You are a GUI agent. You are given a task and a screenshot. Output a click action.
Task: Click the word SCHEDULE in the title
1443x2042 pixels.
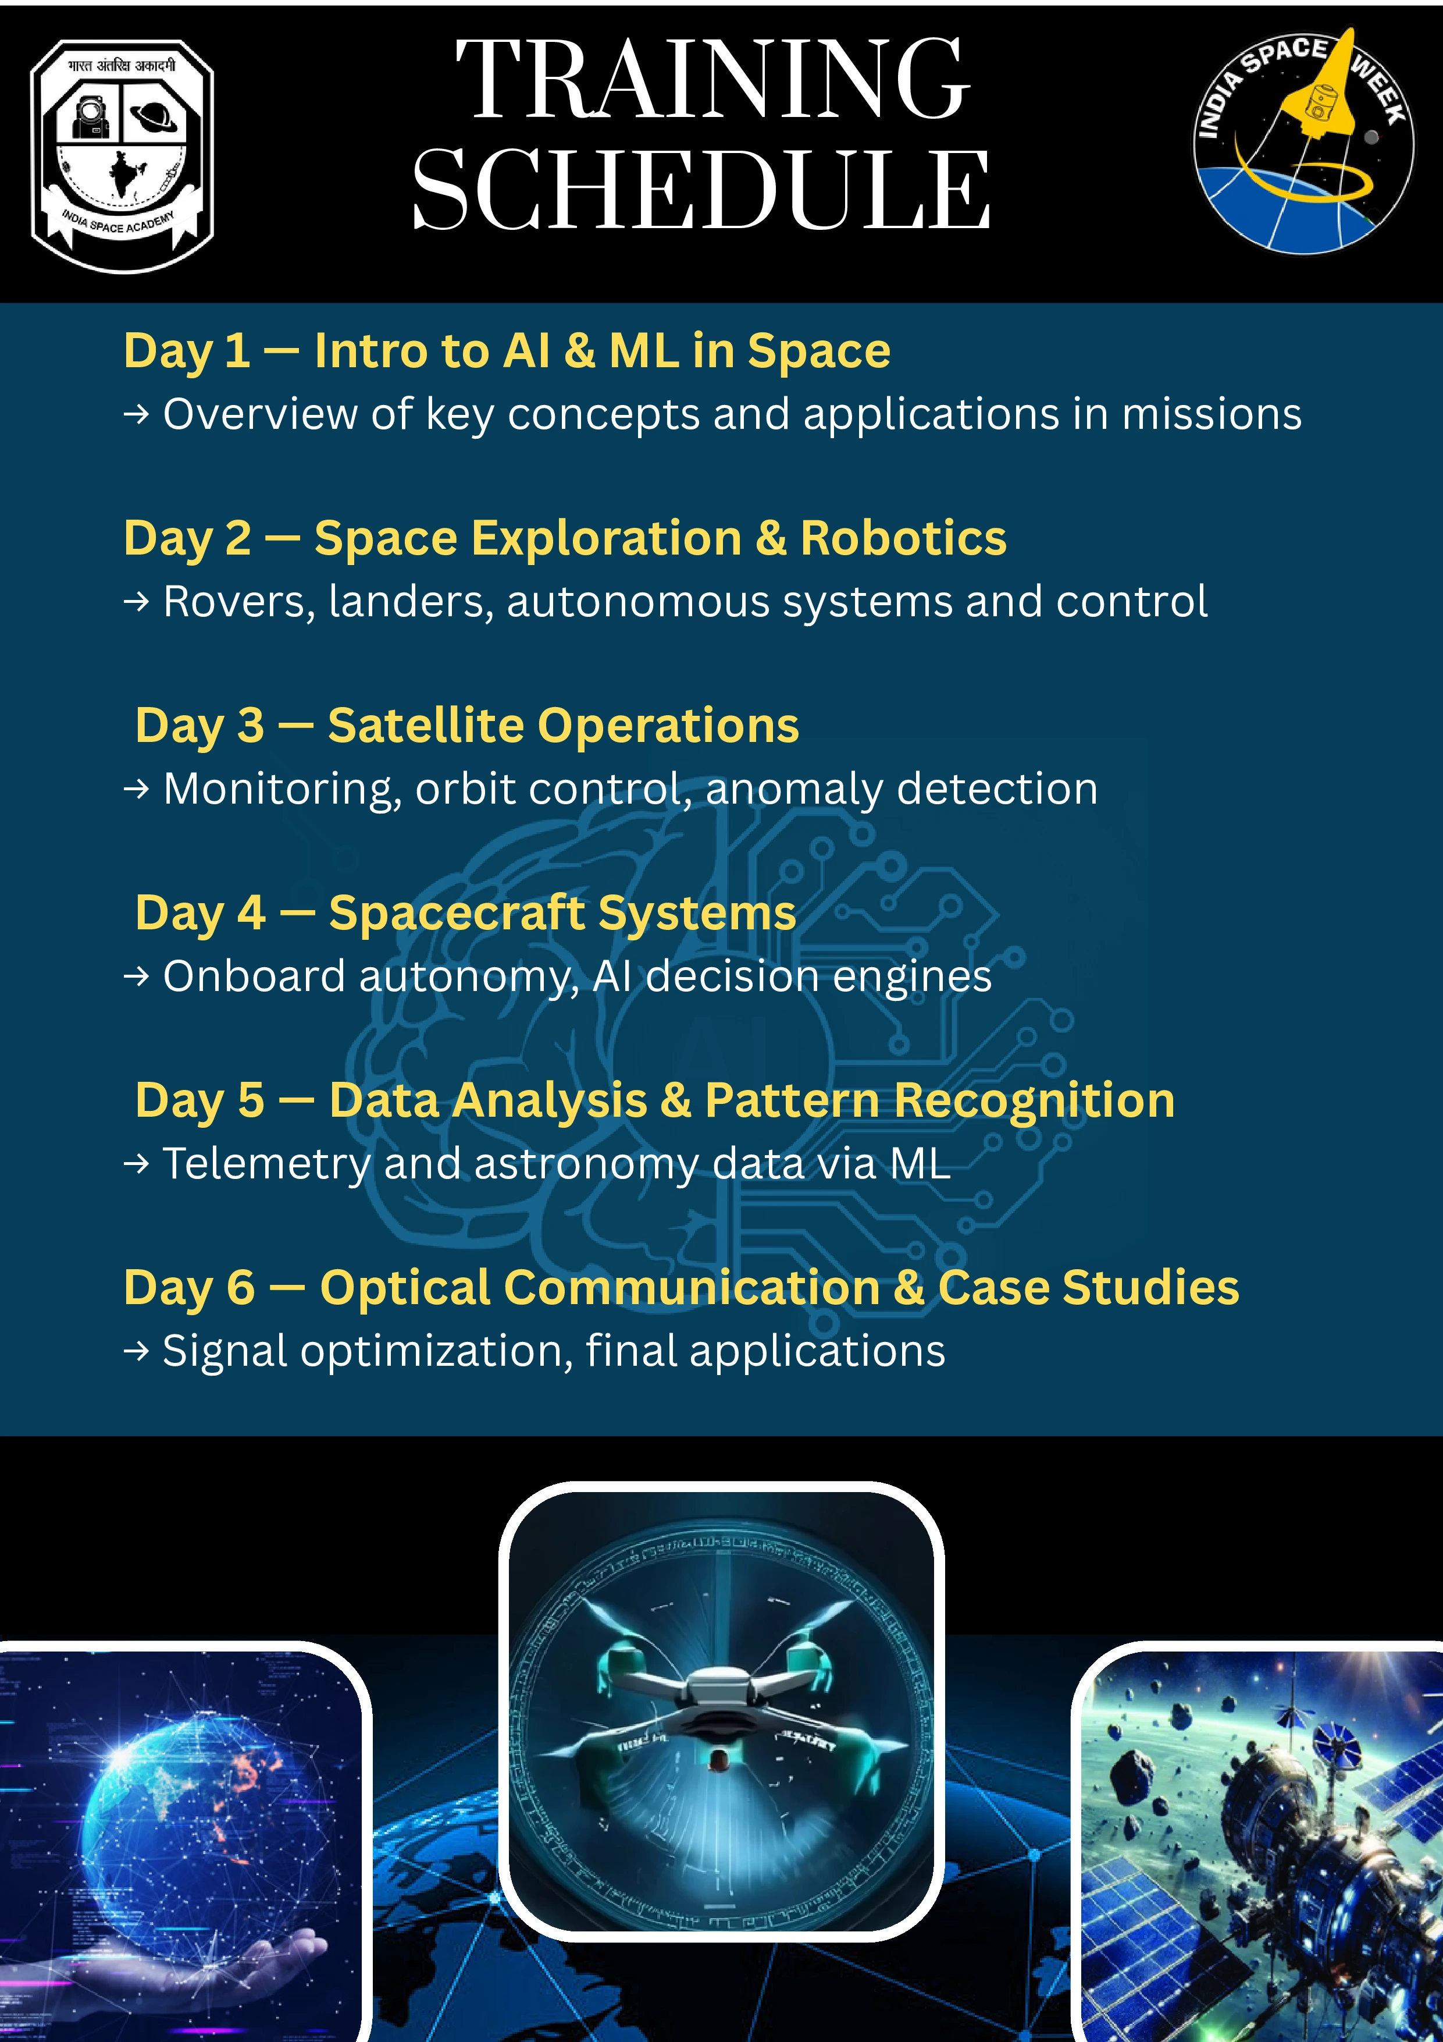coord(701,189)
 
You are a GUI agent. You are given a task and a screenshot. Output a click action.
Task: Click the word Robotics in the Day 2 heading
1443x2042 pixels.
coord(903,538)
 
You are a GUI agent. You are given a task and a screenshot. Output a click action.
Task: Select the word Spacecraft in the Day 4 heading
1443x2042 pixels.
coord(456,914)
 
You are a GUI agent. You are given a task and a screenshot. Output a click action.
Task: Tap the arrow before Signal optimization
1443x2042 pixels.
coord(136,1351)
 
